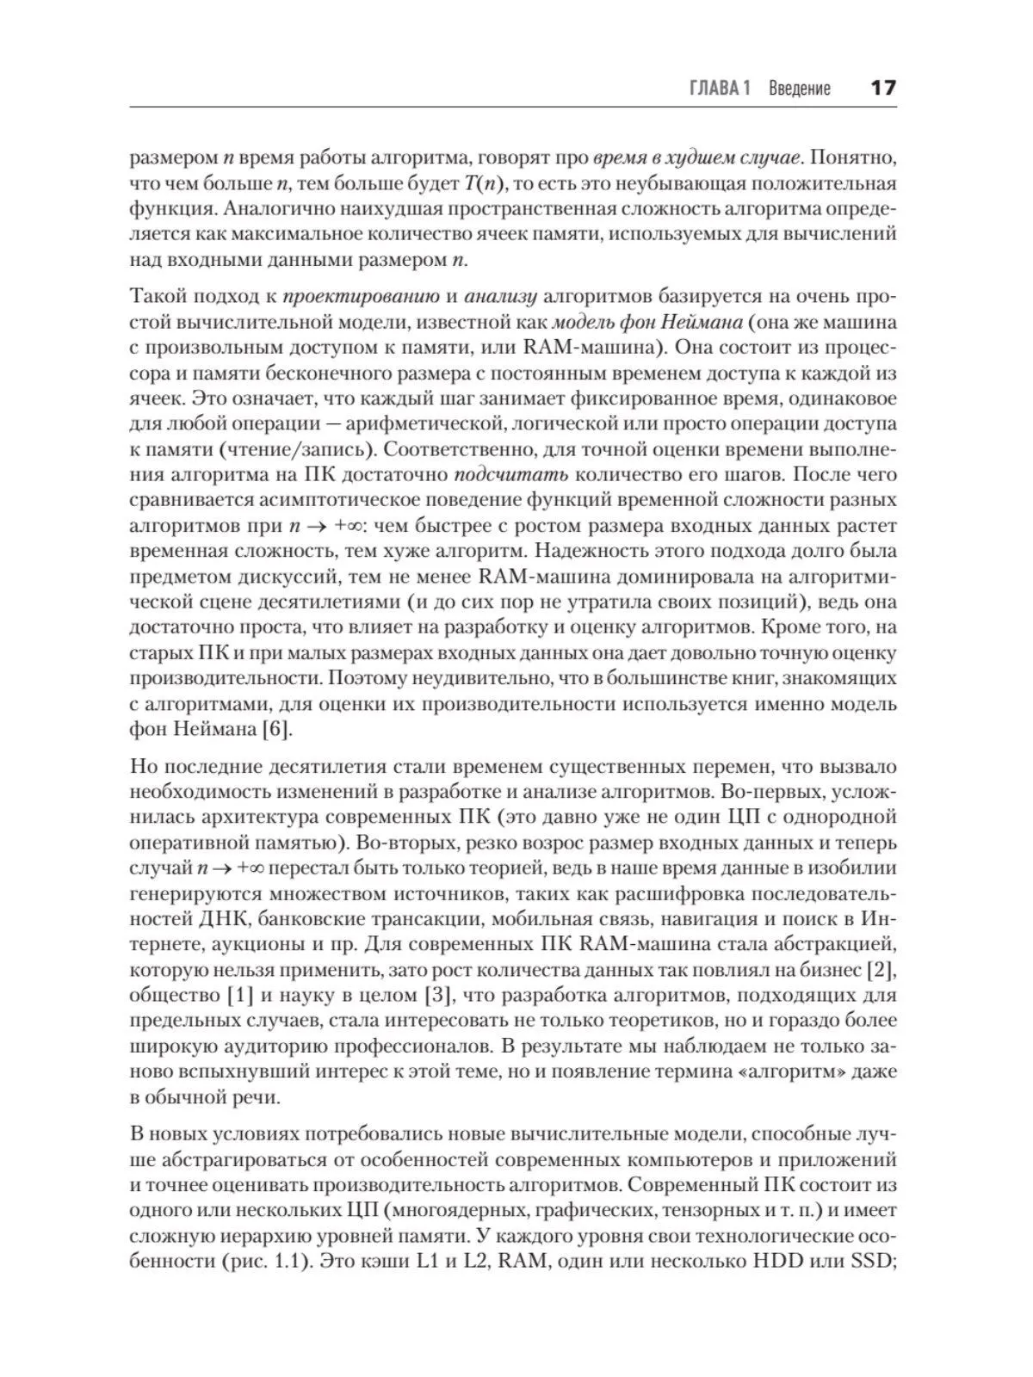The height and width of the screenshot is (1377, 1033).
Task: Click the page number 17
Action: pyautogui.click(x=883, y=88)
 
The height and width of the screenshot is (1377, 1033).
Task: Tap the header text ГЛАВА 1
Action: pyautogui.click(x=721, y=88)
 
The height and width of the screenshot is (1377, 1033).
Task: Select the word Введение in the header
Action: pyautogui.click(x=800, y=88)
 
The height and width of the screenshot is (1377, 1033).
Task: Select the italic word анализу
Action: pyautogui.click(x=501, y=297)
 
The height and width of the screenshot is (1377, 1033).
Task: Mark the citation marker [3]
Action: pyautogui.click(x=435, y=996)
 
